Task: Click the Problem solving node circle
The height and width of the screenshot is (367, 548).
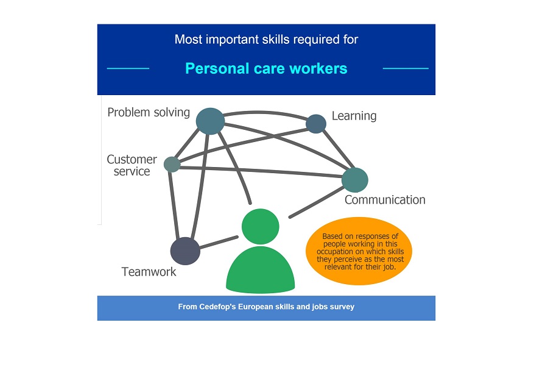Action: point(210,121)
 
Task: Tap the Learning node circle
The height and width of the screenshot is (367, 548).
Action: point(315,124)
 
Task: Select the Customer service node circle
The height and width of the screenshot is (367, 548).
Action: point(172,164)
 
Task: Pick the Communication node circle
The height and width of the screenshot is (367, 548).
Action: point(354,180)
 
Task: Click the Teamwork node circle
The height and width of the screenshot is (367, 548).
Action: point(185,251)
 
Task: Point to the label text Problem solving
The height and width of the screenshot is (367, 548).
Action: point(149,112)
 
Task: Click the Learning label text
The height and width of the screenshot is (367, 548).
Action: point(354,116)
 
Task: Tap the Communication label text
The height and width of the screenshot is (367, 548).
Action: point(385,200)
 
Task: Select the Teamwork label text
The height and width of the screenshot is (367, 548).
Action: point(149,272)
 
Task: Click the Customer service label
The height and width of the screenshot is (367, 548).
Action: point(132,165)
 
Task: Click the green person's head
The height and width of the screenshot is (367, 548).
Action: point(260,226)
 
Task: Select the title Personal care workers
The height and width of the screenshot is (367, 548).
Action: point(266,68)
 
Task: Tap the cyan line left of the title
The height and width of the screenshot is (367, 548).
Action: point(128,68)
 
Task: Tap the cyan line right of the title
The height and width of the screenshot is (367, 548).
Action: point(405,68)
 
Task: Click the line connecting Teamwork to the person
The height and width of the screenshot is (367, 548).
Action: point(218,242)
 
